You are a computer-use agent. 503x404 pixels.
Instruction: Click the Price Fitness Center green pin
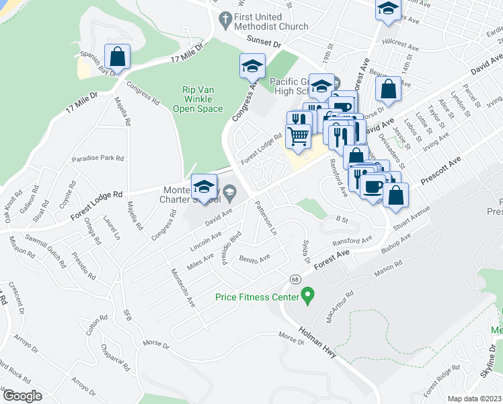308,295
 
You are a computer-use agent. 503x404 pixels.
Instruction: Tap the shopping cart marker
298,136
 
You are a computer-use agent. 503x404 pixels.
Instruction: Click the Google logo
22,396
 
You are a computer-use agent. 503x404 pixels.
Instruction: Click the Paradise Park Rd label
98,159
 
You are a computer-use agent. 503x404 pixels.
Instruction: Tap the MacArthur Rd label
340,307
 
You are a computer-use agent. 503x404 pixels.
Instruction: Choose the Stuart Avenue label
412,220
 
